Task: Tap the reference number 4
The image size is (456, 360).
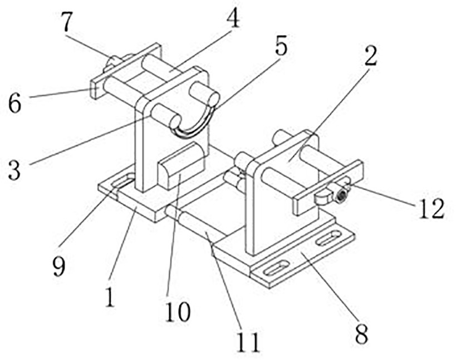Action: pyautogui.click(x=233, y=18)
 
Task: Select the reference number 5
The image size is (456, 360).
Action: pyautogui.click(x=281, y=46)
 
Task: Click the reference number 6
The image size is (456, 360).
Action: pyautogui.click(x=14, y=103)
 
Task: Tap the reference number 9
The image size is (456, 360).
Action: pyautogui.click(x=59, y=265)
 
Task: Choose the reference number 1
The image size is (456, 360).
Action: pyautogui.click(x=110, y=297)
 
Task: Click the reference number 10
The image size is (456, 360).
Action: pyautogui.click(x=178, y=311)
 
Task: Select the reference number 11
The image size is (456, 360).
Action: pyautogui.click(x=247, y=342)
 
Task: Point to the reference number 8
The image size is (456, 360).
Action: pyautogui.click(x=361, y=334)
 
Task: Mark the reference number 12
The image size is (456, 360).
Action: pyautogui.click(x=432, y=208)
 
